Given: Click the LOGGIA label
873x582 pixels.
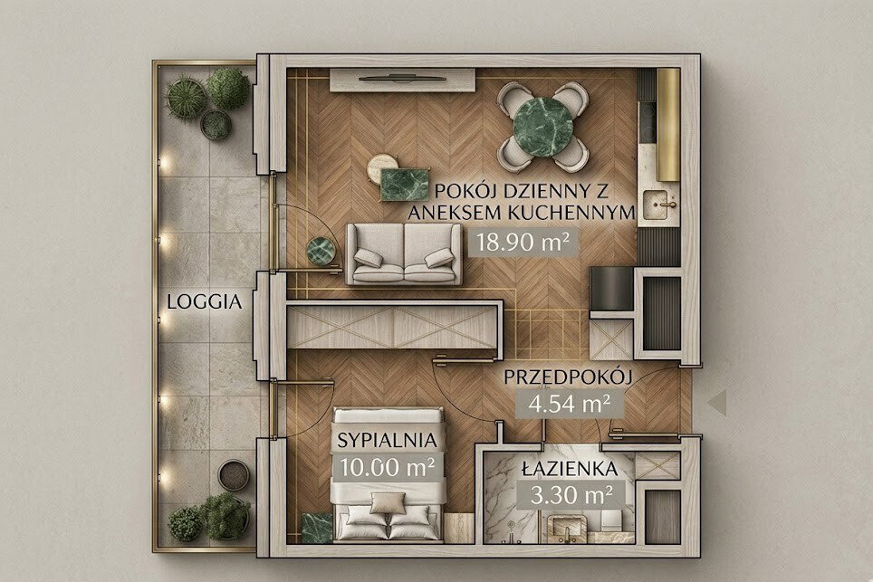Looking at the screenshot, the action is click(205, 302).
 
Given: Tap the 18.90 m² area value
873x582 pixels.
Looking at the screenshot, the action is click(523, 243).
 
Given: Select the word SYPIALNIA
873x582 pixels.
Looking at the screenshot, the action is click(387, 441).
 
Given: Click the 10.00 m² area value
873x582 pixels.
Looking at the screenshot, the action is click(388, 466).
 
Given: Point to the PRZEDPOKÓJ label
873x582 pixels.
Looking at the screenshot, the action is click(569, 377).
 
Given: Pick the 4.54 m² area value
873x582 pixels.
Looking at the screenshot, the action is click(569, 404).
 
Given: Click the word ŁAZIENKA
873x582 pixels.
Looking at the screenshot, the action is click(571, 469).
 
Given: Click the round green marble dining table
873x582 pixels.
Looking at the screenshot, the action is click(542, 127).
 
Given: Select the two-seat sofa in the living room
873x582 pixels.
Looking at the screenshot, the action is click(404, 253).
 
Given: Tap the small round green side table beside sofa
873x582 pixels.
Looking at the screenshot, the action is click(321, 251).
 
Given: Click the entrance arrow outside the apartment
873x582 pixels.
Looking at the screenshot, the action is click(717, 402).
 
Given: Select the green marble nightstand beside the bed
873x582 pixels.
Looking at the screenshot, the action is click(317, 527).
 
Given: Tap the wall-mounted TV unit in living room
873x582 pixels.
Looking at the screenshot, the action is click(402, 80).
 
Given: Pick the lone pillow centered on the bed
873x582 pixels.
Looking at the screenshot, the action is click(389, 503).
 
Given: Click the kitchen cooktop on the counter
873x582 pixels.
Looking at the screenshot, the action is click(648, 120).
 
